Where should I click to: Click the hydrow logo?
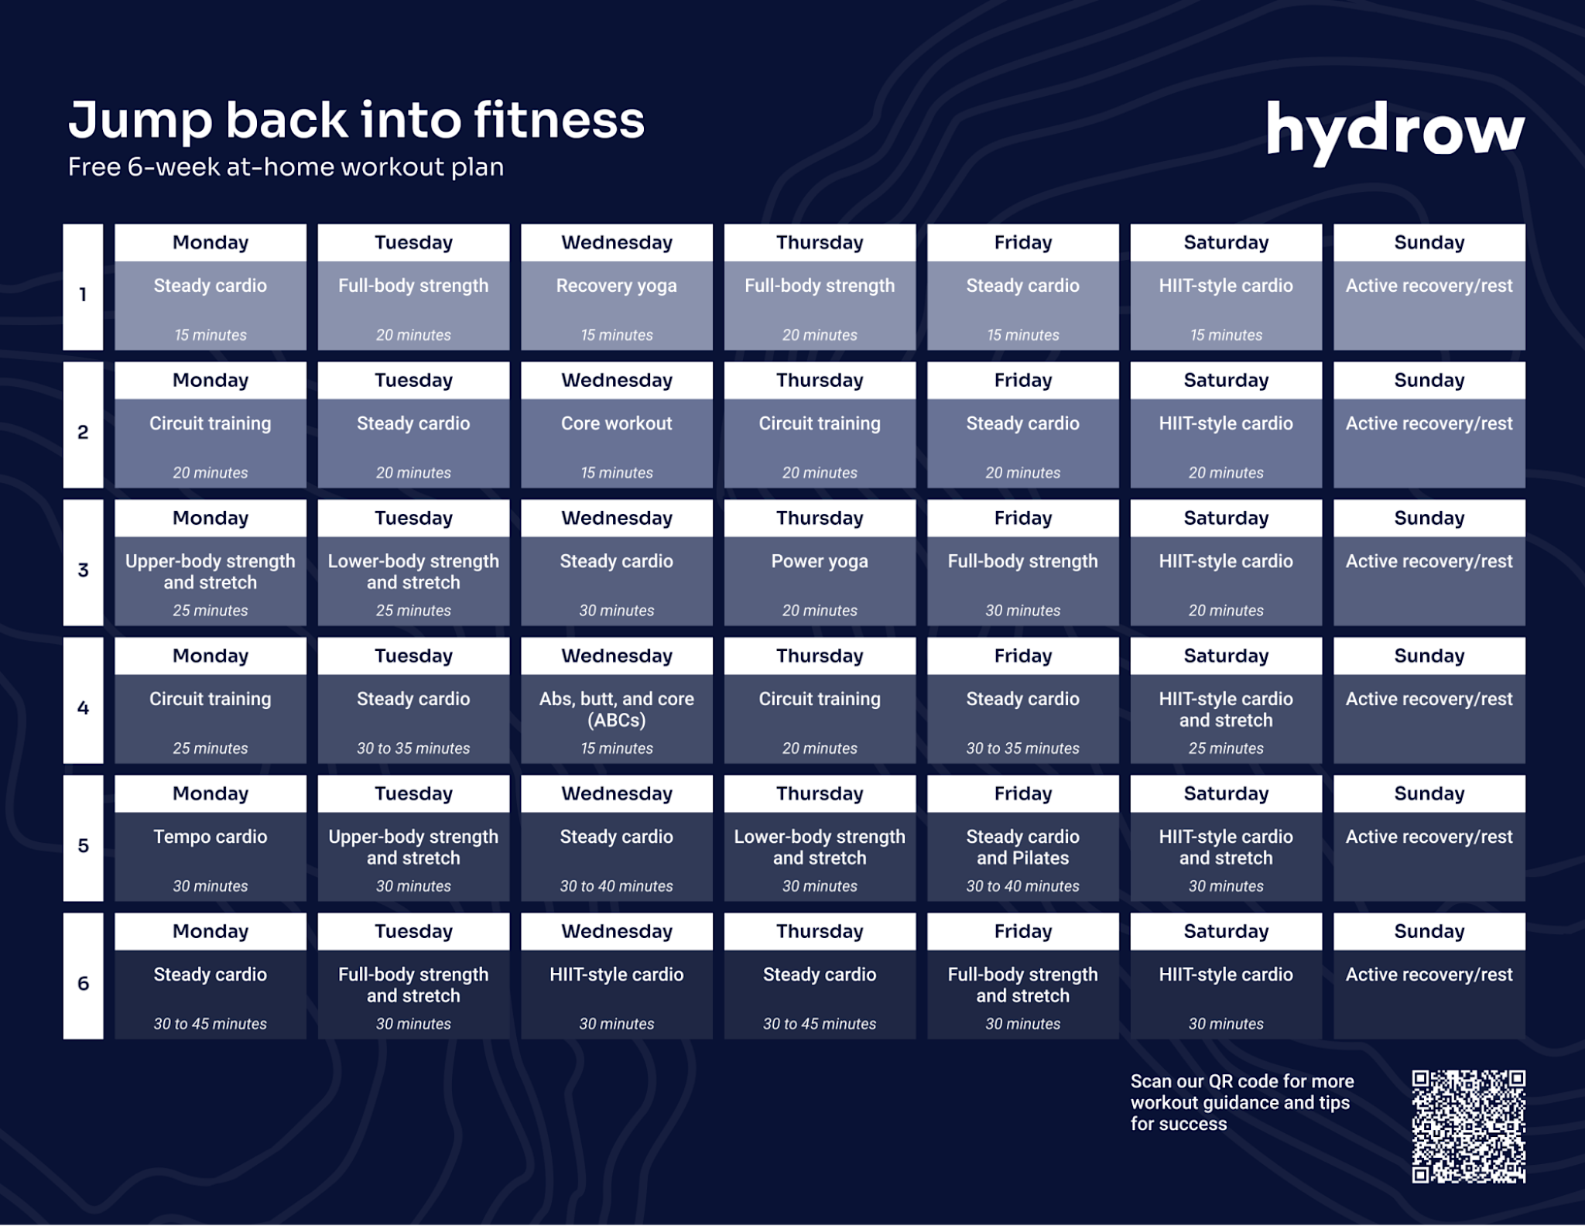pyautogui.click(x=1395, y=132)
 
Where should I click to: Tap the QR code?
pyautogui.click(x=1468, y=1126)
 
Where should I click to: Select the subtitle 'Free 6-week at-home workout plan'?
pyautogui.click(x=286, y=167)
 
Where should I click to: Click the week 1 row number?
pyautogui.click(x=83, y=294)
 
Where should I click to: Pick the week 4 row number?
pyautogui.click(x=83, y=707)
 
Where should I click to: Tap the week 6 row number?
pyautogui.click(x=83, y=983)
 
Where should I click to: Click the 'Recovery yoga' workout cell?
pyautogui.click(x=616, y=305)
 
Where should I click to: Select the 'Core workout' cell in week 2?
pyautogui.click(x=616, y=443)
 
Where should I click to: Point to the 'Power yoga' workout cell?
pyautogui.click(x=820, y=580)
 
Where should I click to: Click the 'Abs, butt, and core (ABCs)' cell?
pyautogui.click(x=616, y=718)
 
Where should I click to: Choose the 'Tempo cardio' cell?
pyautogui.click(x=210, y=856)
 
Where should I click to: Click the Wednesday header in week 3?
pyautogui.click(x=616, y=518)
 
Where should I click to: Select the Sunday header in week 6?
pyautogui.click(x=1429, y=931)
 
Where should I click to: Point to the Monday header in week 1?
pyautogui.click(x=210, y=242)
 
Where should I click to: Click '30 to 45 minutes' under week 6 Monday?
pyautogui.click(x=210, y=1023)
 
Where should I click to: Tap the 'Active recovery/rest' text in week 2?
pyautogui.click(x=1429, y=423)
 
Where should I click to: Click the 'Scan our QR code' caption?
pyautogui.click(x=1241, y=1102)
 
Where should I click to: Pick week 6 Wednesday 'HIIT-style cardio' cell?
pyautogui.click(x=616, y=994)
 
